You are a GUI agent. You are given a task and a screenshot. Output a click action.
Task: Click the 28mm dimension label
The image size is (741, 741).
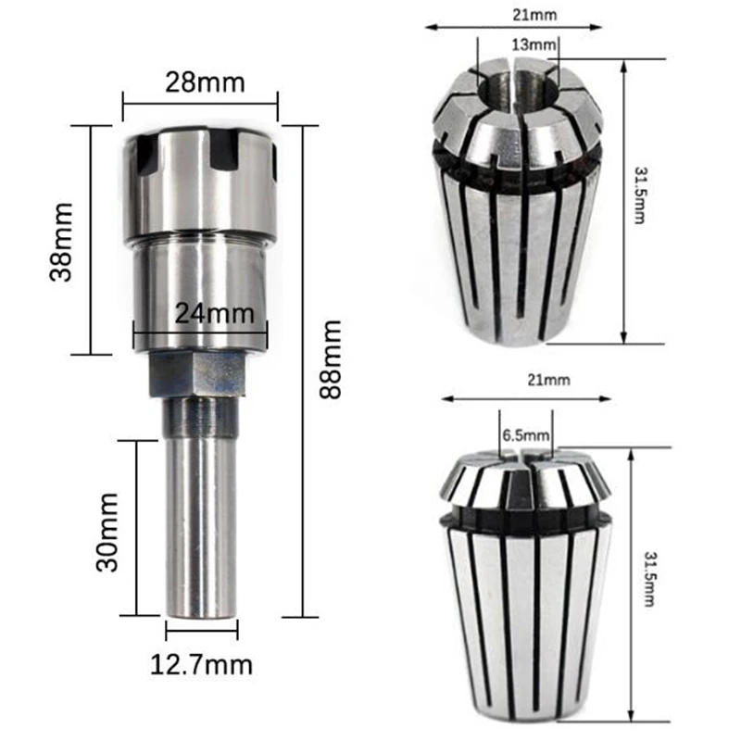[x=205, y=82]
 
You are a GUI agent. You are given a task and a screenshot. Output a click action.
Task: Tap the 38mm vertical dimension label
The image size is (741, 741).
[x=61, y=242]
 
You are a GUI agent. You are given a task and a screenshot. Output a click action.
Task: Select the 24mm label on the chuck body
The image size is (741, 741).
[x=215, y=313]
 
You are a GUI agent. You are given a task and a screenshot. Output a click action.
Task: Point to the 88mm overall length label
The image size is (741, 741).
[x=331, y=359]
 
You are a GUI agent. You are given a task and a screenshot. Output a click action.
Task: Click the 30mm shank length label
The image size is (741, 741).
[x=107, y=532]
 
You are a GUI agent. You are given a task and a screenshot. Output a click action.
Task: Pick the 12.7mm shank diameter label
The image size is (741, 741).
[x=201, y=664]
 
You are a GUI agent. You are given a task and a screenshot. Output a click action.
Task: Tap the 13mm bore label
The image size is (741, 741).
[x=534, y=44]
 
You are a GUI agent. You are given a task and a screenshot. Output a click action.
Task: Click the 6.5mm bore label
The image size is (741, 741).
[x=526, y=434]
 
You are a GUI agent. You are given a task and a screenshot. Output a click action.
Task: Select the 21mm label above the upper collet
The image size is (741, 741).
[x=535, y=15]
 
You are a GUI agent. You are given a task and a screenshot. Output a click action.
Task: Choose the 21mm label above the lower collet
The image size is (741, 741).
[x=548, y=380]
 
